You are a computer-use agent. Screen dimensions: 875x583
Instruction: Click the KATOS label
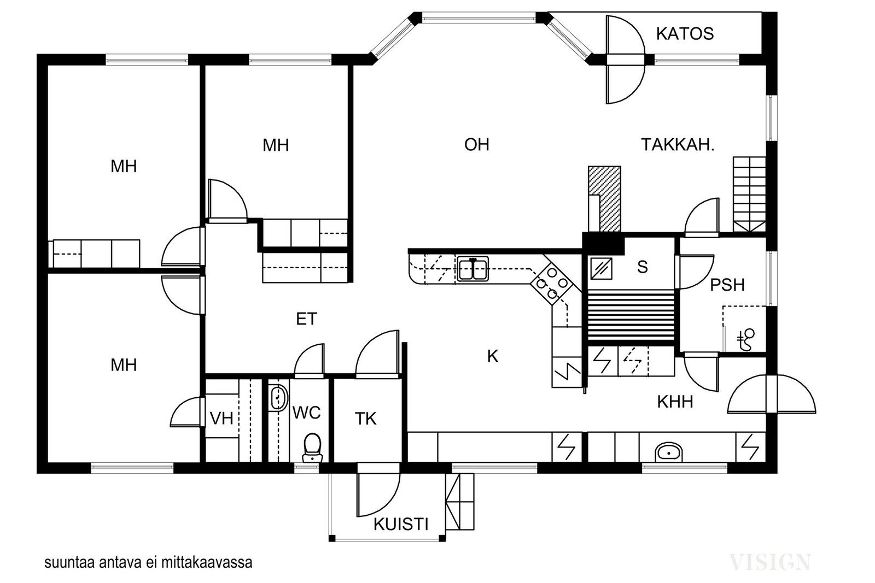(x=685, y=34)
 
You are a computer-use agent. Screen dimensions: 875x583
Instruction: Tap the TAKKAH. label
(x=678, y=145)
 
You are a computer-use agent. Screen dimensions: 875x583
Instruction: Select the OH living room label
(x=476, y=145)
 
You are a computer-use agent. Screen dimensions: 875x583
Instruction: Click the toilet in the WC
(x=312, y=447)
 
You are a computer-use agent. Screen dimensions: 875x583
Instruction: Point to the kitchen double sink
(x=473, y=269)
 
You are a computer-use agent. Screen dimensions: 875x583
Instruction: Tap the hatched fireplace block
(x=605, y=199)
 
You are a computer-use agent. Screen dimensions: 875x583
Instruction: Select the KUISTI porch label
(x=401, y=525)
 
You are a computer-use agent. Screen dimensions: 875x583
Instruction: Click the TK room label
(x=366, y=419)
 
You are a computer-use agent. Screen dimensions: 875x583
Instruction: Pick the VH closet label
(x=221, y=419)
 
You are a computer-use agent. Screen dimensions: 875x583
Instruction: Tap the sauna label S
(x=642, y=267)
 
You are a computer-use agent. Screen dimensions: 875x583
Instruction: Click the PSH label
(x=727, y=285)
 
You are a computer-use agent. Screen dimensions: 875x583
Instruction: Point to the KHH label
(x=675, y=402)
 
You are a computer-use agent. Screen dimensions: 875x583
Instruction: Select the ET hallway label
(x=307, y=319)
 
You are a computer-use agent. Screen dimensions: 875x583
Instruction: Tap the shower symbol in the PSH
(x=746, y=340)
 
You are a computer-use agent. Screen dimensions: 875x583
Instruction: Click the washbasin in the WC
(x=278, y=397)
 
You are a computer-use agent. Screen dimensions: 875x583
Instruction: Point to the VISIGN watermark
(x=770, y=562)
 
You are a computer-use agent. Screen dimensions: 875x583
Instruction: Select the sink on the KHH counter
(x=669, y=452)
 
